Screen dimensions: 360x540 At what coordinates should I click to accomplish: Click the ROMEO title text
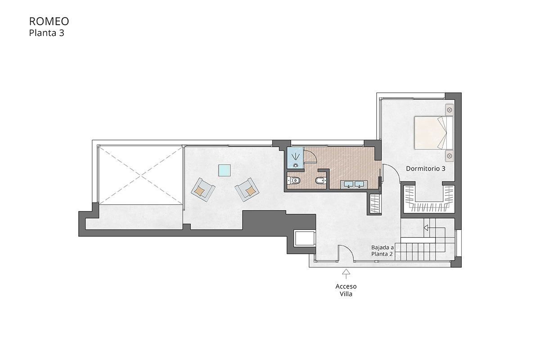[x=49, y=22]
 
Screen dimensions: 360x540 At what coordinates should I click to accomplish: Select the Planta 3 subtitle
[x=46, y=33]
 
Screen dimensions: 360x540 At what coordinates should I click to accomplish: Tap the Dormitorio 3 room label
[x=425, y=169]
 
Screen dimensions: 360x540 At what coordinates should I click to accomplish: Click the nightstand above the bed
[x=449, y=109]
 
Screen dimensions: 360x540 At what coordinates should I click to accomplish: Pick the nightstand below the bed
[x=449, y=155]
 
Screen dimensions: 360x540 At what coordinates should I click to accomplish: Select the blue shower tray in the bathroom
[x=295, y=158]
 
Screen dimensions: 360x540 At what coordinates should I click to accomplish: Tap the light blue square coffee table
[x=225, y=171]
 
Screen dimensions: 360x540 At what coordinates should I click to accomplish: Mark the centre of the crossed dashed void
[x=140, y=174]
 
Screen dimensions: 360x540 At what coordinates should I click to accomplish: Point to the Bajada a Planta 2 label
[x=382, y=251]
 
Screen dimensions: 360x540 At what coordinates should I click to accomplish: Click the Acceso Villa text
[x=346, y=290]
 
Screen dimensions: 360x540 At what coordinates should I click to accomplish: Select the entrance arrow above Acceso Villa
[x=346, y=272]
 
